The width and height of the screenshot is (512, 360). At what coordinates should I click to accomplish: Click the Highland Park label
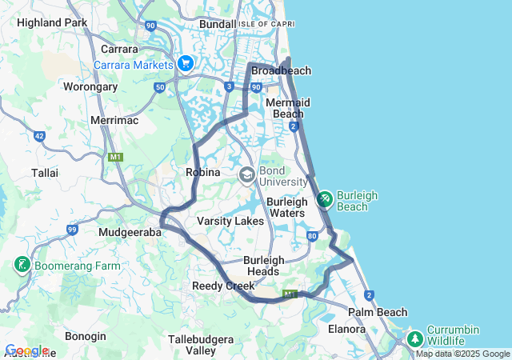click(x=52, y=22)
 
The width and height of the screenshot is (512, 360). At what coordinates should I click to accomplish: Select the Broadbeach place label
click(x=281, y=71)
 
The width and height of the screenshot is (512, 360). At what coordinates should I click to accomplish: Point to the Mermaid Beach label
click(x=288, y=108)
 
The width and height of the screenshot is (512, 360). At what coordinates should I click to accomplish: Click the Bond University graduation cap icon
click(x=247, y=174)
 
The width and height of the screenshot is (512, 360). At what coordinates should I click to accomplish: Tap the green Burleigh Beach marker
click(x=325, y=198)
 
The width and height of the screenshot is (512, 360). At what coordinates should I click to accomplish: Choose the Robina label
click(x=202, y=172)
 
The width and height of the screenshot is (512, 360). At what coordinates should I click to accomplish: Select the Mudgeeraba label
click(x=130, y=232)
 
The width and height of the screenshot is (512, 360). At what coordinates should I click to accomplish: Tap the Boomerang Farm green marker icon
click(x=22, y=265)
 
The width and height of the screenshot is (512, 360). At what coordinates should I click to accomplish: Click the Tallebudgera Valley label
click(x=201, y=345)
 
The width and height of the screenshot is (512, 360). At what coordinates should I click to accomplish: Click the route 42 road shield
click(x=39, y=137)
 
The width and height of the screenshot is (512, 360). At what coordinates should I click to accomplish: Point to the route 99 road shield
click(x=72, y=230)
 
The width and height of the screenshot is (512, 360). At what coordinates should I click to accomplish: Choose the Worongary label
click(x=90, y=86)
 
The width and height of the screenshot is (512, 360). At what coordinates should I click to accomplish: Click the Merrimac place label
click(x=114, y=120)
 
